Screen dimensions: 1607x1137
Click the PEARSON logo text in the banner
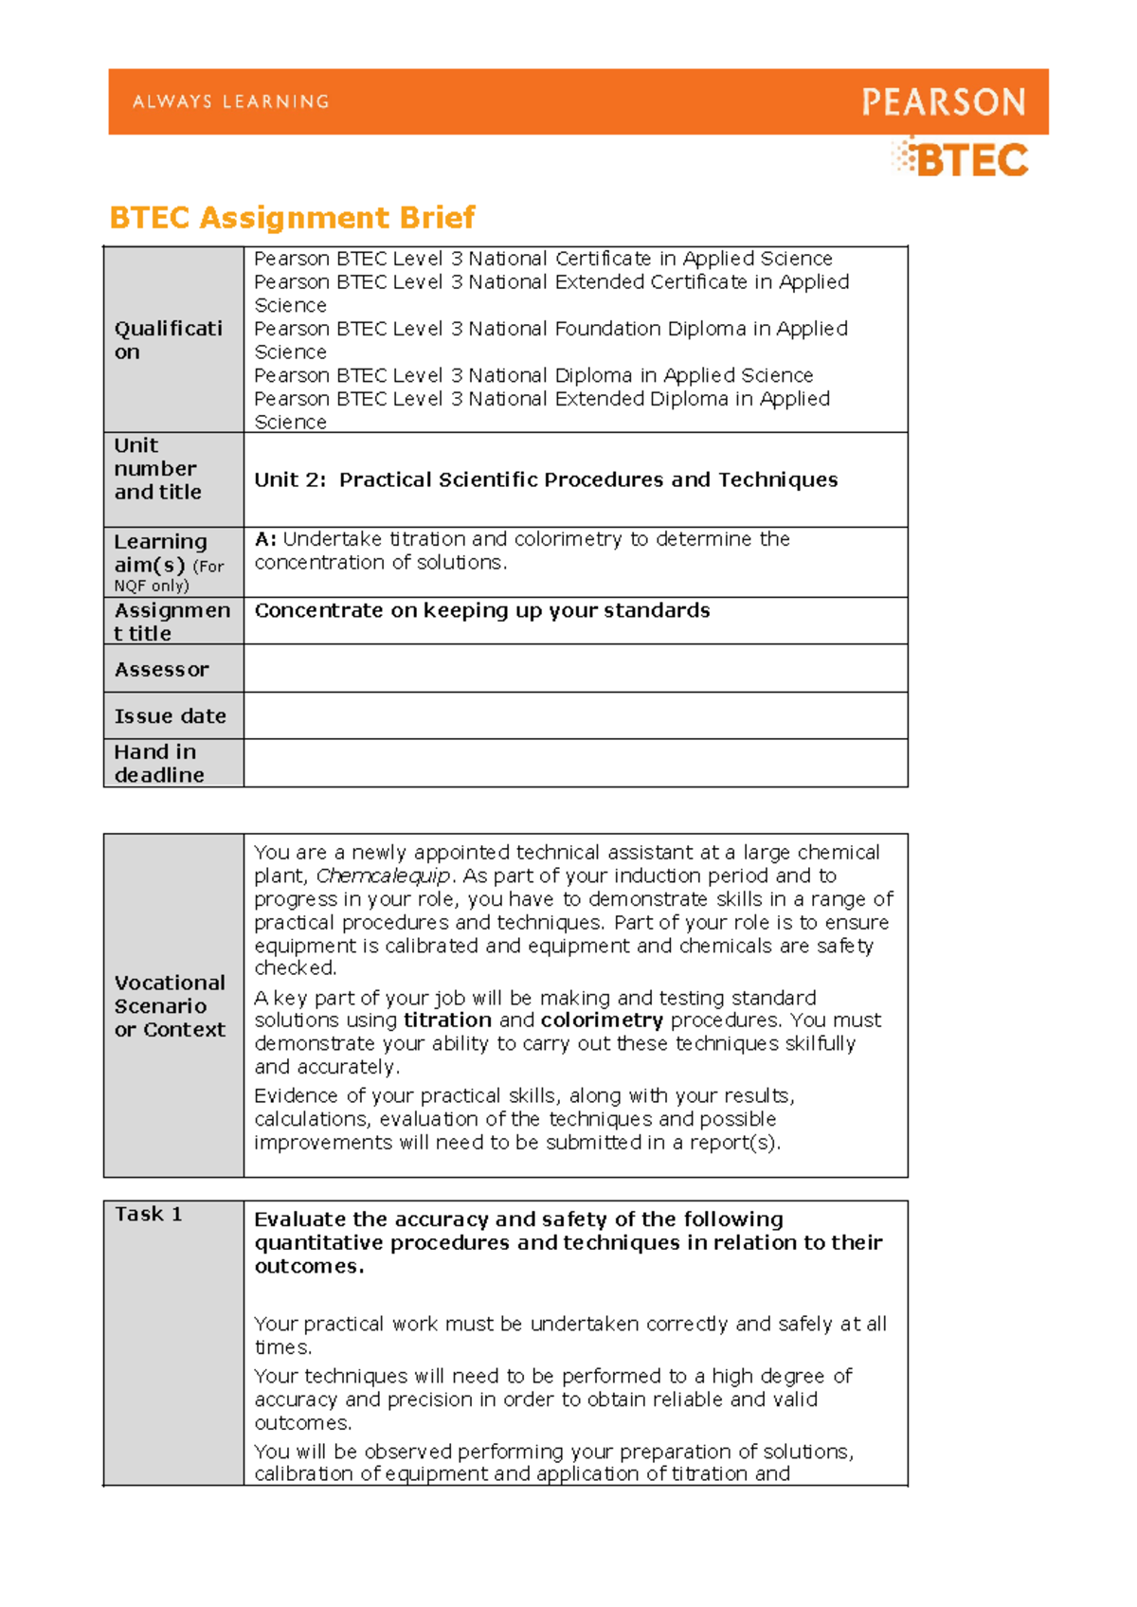pos(943,102)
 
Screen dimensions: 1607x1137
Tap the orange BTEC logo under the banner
pos(961,160)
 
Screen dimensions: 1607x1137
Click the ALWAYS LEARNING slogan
pos(231,102)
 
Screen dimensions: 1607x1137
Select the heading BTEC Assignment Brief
pos(292,218)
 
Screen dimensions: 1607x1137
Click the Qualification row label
pos(168,340)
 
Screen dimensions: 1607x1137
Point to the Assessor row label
pos(162,670)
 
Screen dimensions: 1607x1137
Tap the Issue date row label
pos(171,716)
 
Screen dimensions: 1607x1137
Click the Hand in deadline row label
pos(159,764)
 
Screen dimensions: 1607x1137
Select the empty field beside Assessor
pos(575,669)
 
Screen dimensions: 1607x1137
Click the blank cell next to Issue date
pos(575,716)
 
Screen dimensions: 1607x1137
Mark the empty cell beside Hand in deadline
pos(575,764)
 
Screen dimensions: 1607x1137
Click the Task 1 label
pos(149,1214)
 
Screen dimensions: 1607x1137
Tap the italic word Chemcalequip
pos(383,876)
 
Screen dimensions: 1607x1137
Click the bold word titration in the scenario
pos(447,1020)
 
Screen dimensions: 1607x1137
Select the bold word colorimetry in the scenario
pos(602,1020)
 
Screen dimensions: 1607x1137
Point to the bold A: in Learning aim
pos(265,539)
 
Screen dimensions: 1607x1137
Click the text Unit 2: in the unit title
pos(290,480)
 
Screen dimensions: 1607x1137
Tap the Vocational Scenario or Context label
pos(171,1006)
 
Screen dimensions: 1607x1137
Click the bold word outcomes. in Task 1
pos(309,1267)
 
